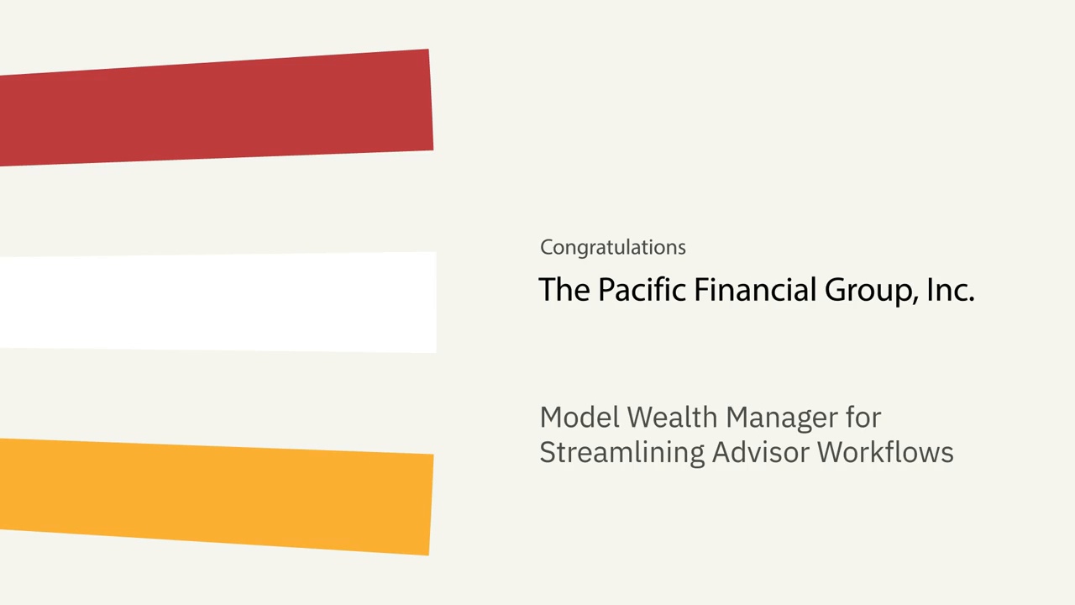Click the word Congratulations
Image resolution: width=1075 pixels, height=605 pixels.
click(613, 248)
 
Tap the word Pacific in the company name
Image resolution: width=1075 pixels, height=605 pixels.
click(642, 290)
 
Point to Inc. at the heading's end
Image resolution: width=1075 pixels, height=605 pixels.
click(950, 290)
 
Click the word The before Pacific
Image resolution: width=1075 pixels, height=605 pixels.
click(564, 290)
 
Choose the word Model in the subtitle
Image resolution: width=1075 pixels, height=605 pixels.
click(579, 417)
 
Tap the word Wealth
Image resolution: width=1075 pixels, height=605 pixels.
click(672, 417)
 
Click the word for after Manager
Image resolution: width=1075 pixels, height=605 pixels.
click(863, 417)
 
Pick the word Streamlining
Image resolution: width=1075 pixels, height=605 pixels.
click(621, 452)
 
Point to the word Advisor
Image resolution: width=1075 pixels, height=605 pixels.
click(761, 452)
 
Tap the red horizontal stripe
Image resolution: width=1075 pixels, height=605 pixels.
click(216, 108)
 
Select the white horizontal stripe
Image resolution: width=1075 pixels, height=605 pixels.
click(218, 302)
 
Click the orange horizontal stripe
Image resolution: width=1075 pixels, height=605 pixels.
click(216, 496)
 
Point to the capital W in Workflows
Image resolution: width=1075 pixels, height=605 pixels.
click(831, 452)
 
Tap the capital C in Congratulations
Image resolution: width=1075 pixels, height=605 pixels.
click(547, 247)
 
